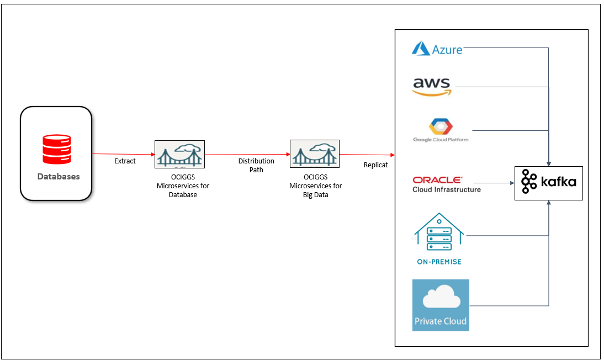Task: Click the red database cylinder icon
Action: pyautogui.click(x=57, y=150)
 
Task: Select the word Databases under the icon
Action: pyautogui.click(x=59, y=177)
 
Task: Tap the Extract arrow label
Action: pyautogui.click(x=125, y=161)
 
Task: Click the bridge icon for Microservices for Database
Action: pyautogui.click(x=179, y=153)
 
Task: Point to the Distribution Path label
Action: pyautogui.click(x=256, y=165)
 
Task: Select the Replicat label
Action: pyautogui.click(x=375, y=165)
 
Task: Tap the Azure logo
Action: pyautogui.click(x=437, y=49)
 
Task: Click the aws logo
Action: pyautogui.click(x=432, y=87)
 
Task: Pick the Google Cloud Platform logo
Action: pyautogui.click(x=441, y=130)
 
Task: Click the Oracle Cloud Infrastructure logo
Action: pyautogui.click(x=446, y=184)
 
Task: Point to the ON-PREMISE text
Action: pyautogui.click(x=439, y=262)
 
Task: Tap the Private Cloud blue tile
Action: pyautogui.click(x=441, y=305)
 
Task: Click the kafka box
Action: pyautogui.click(x=548, y=183)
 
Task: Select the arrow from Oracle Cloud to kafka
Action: pyautogui.click(x=494, y=183)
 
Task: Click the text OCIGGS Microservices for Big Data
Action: pyautogui.click(x=316, y=186)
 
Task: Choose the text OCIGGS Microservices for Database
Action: pyautogui.click(x=183, y=186)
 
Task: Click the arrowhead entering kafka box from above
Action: pyautogui.click(x=548, y=163)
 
